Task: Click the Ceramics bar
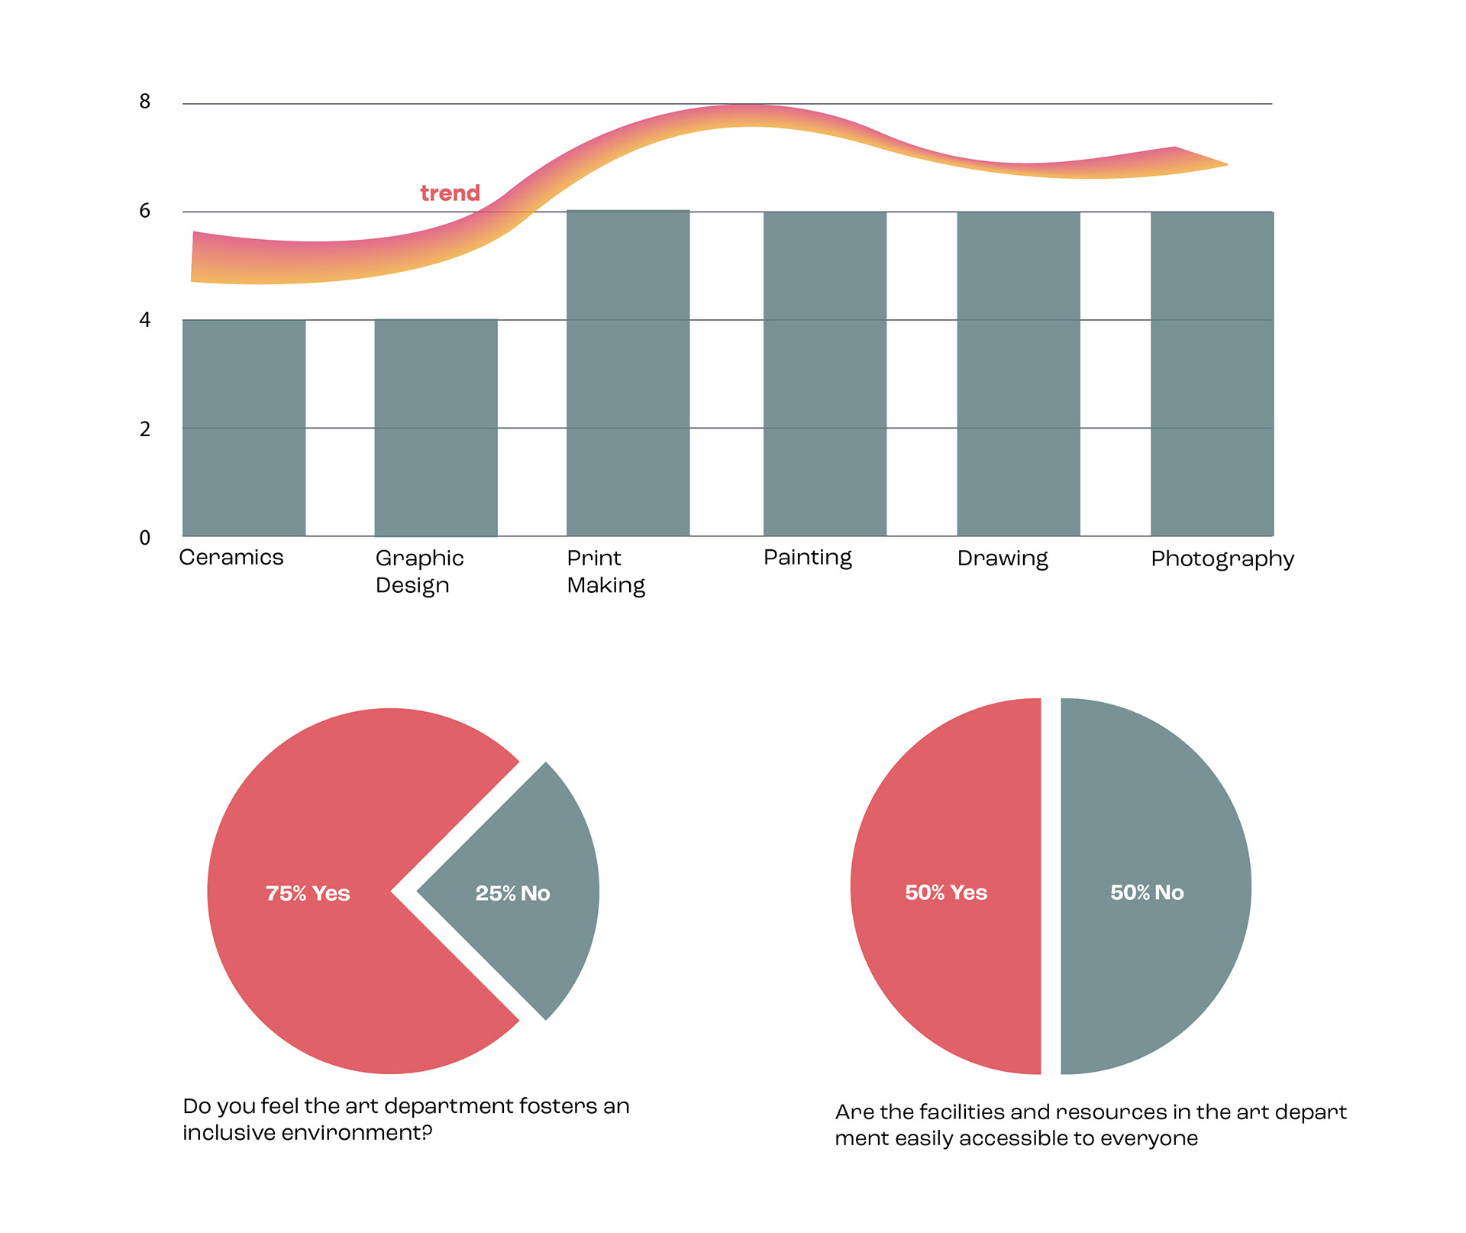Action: coord(244,428)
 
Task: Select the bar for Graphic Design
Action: coord(435,428)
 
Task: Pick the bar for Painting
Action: coord(825,374)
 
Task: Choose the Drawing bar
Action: coord(1019,374)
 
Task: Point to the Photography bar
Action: coord(1212,374)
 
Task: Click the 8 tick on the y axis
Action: coord(145,102)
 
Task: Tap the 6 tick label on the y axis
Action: coord(145,211)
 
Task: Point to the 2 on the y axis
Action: coord(145,429)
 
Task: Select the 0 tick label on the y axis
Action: coord(145,538)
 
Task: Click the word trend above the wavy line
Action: coord(450,193)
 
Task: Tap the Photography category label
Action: coord(1222,559)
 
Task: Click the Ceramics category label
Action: coord(231,558)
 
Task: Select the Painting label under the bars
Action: coord(807,558)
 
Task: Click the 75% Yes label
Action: coord(308,893)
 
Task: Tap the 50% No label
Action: coord(1147,892)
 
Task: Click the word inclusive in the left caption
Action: coord(228,1132)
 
